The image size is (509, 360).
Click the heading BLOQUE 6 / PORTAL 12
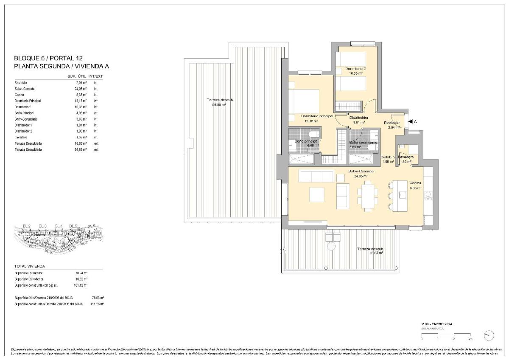pos(48,58)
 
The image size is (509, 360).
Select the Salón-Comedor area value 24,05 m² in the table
pos(78,89)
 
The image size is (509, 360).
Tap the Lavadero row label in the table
pos(22,138)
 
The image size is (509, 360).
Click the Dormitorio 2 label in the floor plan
pos(355,69)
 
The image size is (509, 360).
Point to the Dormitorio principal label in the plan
pos(317,115)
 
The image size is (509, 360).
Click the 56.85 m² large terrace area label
pos(220,104)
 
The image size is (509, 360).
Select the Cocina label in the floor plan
pos(415,183)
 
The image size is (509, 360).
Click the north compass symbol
pos(489,335)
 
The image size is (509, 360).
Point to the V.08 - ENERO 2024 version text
pos(436,324)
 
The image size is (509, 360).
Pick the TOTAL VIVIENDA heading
pos(30,266)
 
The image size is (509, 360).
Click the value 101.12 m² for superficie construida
pos(79,285)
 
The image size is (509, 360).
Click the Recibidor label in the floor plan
pos(392,123)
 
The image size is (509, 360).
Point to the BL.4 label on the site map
pos(59,226)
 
